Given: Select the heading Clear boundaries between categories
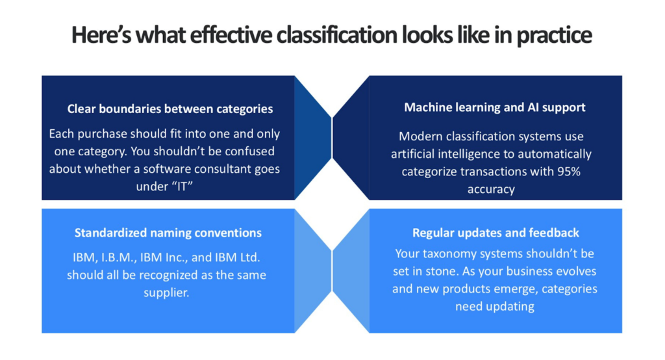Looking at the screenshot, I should click(x=170, y=109).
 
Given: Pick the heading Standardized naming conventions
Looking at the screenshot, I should click(x=168, y=233).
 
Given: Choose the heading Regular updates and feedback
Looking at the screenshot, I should click(x=496, y=233).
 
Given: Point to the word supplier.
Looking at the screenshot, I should click(x=166, y=293).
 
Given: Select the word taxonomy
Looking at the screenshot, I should click(x=446, y=253).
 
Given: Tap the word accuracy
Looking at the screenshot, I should click(x=491, y=189).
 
